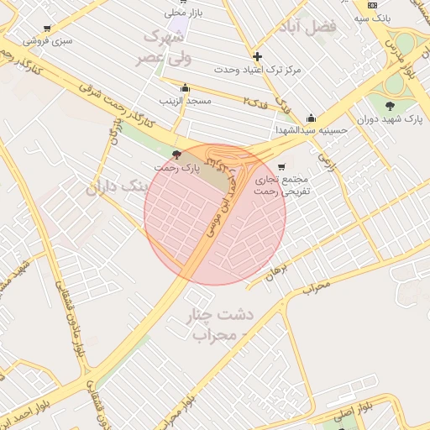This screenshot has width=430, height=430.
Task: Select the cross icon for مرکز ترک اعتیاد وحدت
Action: point(257,57)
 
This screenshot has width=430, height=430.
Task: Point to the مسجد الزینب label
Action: point(184,102)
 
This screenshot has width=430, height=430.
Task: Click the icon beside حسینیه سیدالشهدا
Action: point(311,118)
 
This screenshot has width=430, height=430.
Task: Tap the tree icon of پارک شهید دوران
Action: point(390,105)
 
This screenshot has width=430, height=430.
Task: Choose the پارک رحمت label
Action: point(176,167)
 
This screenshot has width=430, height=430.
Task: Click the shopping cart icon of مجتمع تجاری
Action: point(281,166)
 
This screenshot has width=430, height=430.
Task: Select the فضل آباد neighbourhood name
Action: point(311,26)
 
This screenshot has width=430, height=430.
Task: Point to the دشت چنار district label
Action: point(223,317)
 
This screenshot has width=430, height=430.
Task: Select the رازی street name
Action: point(327,157)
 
